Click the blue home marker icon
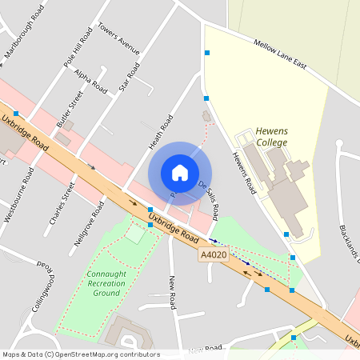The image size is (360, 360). click(x=180, y=173)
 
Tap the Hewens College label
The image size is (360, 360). click(x=271, y=137)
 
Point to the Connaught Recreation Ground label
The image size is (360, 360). click(x=106, y=282)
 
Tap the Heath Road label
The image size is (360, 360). click(x=161, y=132)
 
